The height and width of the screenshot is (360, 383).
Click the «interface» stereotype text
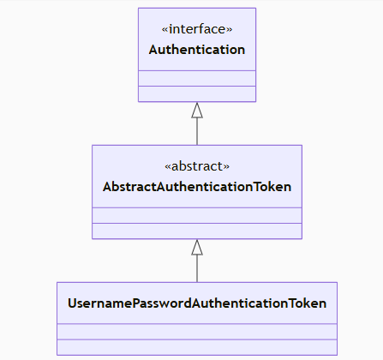point(197,30)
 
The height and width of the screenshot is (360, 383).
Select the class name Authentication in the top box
point(197,50)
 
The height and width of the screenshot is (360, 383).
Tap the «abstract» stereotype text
point(197,166)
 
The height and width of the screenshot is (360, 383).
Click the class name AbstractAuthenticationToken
point(197,186)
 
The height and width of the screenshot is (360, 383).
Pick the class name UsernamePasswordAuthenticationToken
point(197,303)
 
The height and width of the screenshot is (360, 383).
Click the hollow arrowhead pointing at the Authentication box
point(197,110)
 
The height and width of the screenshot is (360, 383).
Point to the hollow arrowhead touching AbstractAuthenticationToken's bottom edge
point(197,247)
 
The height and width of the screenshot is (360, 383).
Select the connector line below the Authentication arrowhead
point(197,131)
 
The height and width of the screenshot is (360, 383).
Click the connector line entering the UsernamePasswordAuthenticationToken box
point(197,269)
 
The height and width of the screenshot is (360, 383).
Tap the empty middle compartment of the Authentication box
point(197,78)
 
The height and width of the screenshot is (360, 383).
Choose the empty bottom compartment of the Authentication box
point(197,93)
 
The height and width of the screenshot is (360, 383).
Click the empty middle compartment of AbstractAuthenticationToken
point(197,215)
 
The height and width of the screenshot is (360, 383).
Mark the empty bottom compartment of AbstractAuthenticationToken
point(197,231)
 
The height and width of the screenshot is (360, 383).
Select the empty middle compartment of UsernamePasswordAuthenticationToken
point(197,332)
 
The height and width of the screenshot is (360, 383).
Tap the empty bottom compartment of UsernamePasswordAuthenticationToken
point(197,347)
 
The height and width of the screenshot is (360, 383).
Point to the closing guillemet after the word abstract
point(227,167)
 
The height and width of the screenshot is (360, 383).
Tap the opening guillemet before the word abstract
point(166,167)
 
